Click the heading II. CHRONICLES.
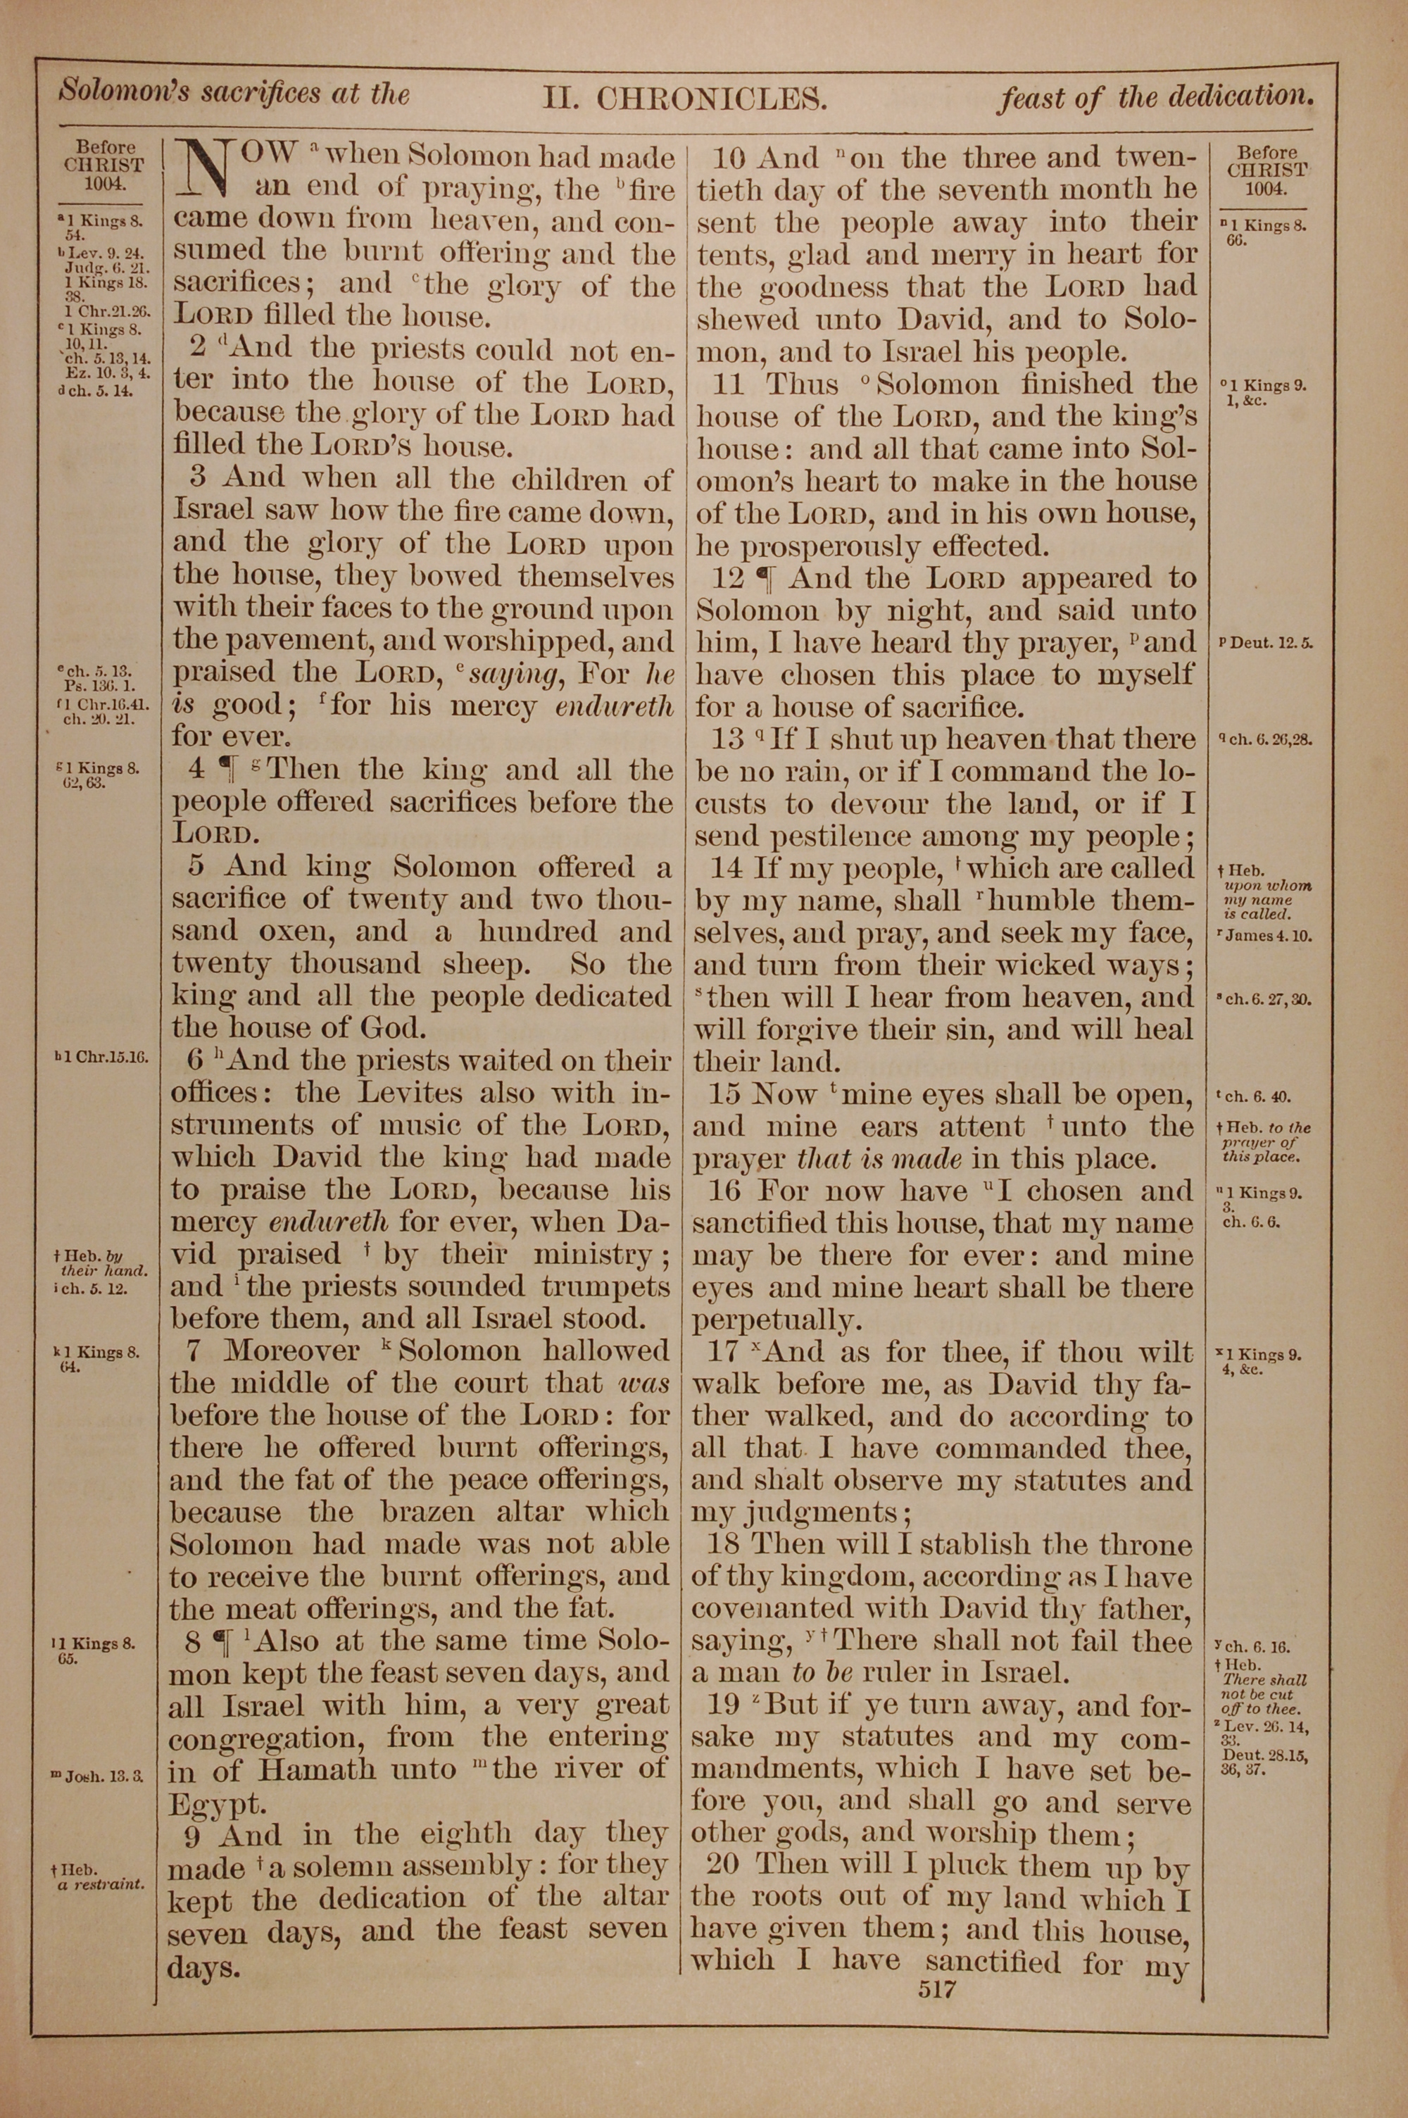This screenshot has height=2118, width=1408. [x=684, y=98]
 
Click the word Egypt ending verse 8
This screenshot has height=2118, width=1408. [x=206, y=1805]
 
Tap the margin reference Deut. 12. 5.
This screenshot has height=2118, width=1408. [x=1266, y=644]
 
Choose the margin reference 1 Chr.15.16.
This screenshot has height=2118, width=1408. [x=101, y=1057]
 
